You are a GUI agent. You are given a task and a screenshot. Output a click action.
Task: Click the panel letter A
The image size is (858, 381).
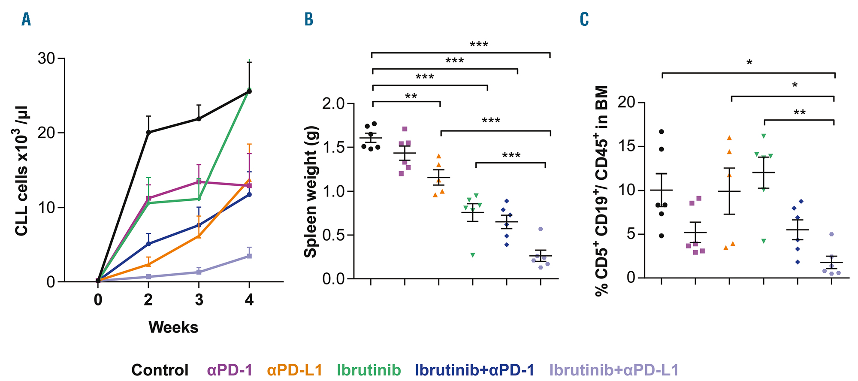26,19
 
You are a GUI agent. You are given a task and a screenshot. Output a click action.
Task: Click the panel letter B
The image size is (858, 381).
309,19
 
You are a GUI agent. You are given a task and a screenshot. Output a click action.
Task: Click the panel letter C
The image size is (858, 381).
584,19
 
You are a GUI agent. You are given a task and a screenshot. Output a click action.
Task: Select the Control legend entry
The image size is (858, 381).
160,370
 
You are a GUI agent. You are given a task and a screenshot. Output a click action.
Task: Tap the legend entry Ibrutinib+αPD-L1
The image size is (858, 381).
614,370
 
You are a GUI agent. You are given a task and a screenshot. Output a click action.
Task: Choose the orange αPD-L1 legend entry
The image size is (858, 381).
294,370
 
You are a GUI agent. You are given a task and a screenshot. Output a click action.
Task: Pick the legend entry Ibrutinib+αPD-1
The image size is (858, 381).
474,370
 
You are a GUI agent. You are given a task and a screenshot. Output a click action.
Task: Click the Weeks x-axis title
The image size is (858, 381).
173,327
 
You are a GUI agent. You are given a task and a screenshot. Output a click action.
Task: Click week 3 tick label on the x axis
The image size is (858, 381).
199,299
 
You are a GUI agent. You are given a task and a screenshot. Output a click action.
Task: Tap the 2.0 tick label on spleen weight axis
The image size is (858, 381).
334,104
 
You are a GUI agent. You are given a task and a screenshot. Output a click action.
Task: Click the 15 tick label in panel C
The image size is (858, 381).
628,146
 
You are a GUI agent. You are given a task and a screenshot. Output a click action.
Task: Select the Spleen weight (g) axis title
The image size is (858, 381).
310,192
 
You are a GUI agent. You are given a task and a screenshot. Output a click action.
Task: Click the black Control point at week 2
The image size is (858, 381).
148,132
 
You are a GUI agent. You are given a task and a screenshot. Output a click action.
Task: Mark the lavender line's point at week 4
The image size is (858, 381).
249,256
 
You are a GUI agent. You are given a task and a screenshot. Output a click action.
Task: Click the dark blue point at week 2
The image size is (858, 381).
148,244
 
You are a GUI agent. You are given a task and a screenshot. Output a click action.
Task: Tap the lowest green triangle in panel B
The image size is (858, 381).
473,255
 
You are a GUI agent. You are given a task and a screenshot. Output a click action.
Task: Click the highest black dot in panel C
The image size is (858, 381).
662,131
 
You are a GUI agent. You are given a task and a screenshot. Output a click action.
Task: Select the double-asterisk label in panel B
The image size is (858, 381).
411,96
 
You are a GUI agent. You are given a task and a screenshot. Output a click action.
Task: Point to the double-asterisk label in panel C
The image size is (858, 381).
799,113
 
